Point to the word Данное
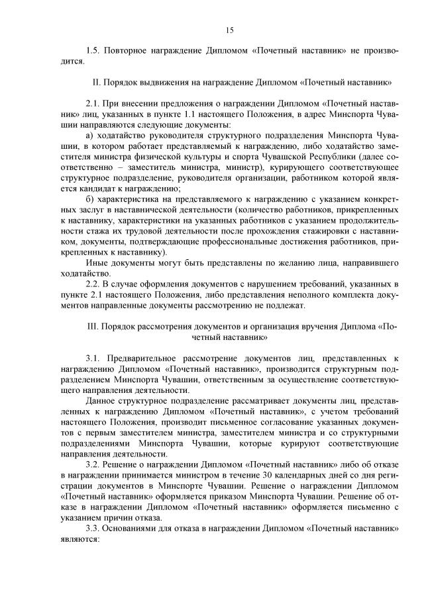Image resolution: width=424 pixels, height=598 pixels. pyautogui.click(x=101, y=401)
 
